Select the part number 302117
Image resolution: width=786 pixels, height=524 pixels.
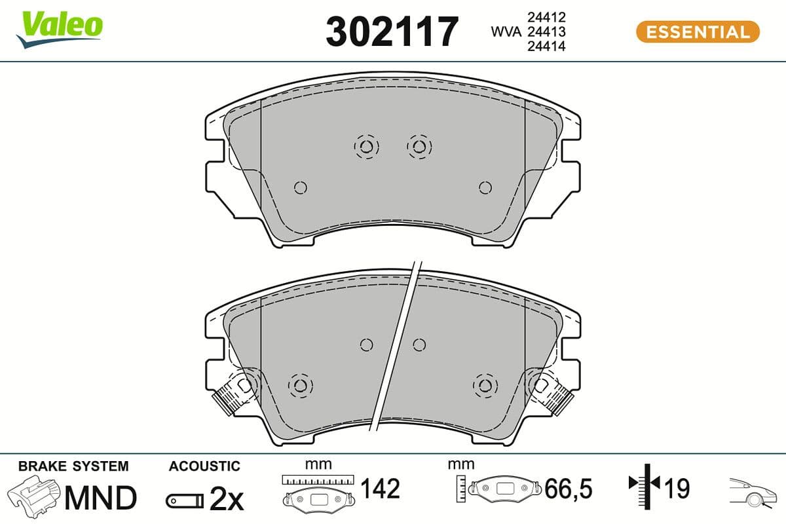(392, 31)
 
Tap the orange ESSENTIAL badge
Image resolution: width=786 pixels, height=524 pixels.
(698, 31)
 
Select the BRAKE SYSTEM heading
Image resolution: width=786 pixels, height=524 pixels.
(73, 466)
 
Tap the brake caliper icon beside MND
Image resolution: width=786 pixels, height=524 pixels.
(34, 497)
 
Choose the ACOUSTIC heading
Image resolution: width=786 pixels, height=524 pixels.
(204, 466)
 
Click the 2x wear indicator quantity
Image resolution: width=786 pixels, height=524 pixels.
(226, 501)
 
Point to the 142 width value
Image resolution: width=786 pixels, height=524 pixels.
(381, 489)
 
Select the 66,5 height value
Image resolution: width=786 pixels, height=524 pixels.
(568, 489)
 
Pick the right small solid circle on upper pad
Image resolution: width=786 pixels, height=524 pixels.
(485, 188)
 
